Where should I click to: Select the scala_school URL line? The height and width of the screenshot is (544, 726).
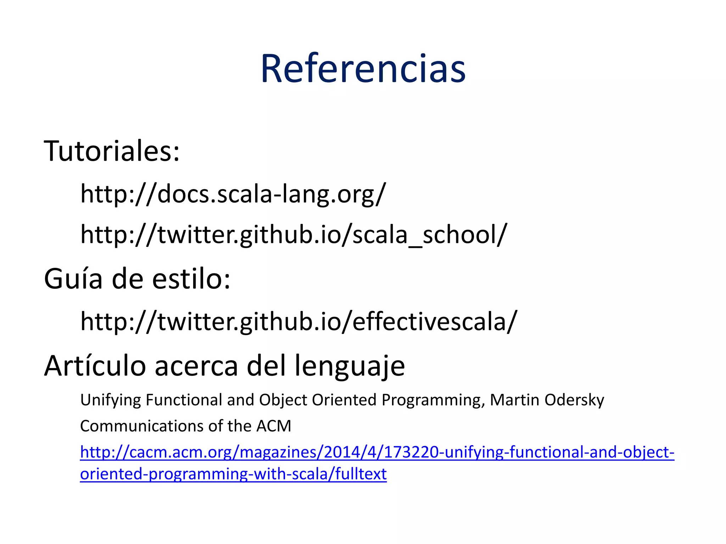click(294, 235)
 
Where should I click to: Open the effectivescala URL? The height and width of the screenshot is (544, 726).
click(298, 321)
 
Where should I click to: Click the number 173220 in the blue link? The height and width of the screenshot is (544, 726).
click(412, 452)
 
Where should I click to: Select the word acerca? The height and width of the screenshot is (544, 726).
click(196, 365)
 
